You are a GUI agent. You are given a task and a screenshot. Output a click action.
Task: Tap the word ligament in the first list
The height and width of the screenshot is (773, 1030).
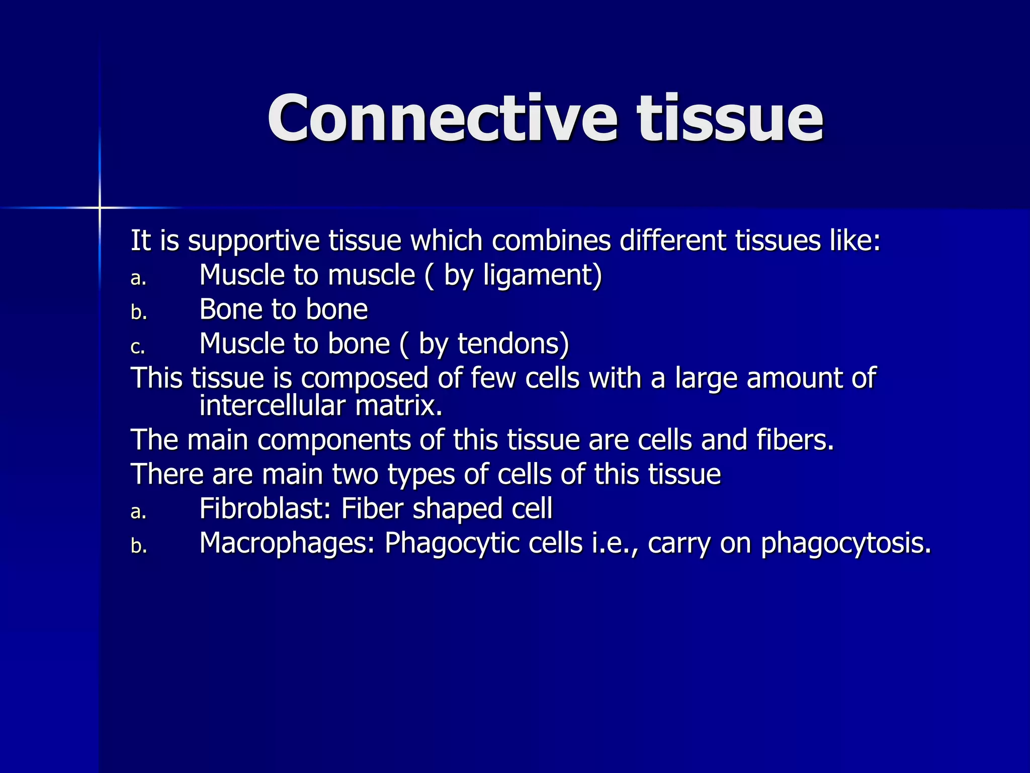pos(541,275)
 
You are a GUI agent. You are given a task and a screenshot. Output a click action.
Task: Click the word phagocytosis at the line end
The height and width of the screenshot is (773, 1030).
pos(845,543)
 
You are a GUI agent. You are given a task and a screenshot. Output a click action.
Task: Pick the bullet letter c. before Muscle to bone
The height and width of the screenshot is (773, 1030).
pos(138,347)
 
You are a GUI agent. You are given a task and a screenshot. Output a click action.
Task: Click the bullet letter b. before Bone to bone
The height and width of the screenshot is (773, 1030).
pos(139,312)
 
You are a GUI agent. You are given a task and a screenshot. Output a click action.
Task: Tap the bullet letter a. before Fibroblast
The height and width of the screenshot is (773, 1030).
pos(138,512)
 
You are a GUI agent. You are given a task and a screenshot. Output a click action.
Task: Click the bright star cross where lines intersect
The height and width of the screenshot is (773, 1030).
pos(100,207)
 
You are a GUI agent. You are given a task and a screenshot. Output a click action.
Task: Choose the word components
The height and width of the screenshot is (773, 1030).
pos(334,440)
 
